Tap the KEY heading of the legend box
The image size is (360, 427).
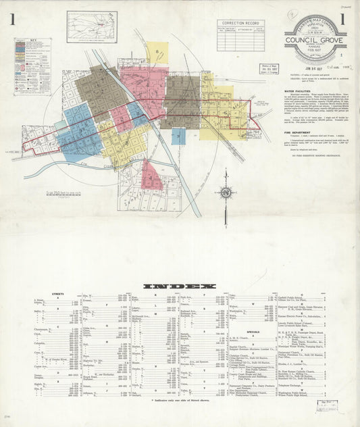(23, 41)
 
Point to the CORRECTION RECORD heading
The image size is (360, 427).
(240, 23)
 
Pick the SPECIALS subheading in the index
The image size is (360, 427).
(253, 332)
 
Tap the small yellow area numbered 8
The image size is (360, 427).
(157, 51)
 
